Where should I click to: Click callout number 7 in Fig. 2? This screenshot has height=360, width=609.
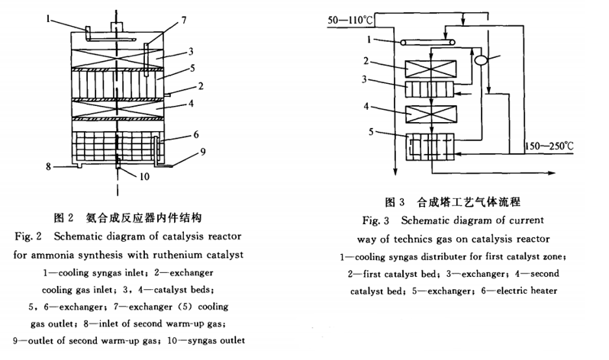[184, 20]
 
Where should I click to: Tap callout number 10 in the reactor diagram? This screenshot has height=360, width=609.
[144, 177]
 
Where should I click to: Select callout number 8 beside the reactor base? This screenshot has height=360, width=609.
[48, 166]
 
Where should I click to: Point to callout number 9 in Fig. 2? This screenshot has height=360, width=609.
[202, 152]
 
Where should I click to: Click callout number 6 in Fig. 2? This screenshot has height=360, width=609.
[195, 134]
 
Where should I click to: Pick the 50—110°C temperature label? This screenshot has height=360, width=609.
[350, 20]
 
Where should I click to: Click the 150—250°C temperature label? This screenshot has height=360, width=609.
[549, 146]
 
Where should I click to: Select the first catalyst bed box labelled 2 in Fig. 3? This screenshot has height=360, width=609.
[430, 69]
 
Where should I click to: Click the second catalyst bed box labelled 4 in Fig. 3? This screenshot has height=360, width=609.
[431, 114]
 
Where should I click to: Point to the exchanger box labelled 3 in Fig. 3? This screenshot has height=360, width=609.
[430, 89]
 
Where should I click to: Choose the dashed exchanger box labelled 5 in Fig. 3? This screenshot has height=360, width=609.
[430, 146]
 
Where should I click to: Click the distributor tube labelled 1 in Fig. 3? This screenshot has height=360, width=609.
[427, 42]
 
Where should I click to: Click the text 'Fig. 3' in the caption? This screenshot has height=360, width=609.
[375, 221]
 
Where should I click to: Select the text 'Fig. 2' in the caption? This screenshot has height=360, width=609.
[28, 236]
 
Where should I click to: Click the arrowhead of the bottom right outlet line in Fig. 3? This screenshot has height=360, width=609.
[552, 173]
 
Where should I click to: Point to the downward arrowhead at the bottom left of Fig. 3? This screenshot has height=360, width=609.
[395, 172]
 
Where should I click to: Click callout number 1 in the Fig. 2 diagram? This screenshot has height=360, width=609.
[48, 18]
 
